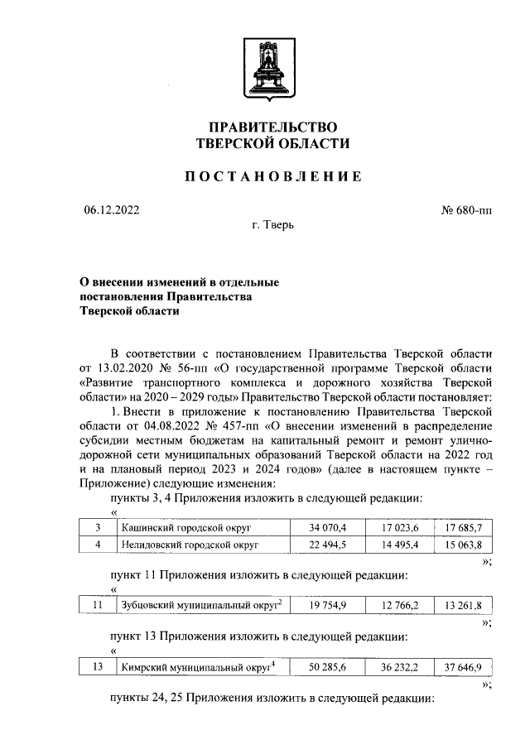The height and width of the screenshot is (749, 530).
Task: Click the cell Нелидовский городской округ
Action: click(x=190, y=545)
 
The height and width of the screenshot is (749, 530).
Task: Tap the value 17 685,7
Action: click(x=463, y=526)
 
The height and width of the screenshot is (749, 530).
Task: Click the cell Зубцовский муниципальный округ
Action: click(x=199, y=605)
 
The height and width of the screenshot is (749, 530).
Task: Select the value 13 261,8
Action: click(x=463, y=605)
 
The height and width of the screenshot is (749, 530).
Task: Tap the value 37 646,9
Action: click(x=463, y=666)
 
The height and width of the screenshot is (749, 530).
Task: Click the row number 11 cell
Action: click(x=98, y=605)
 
